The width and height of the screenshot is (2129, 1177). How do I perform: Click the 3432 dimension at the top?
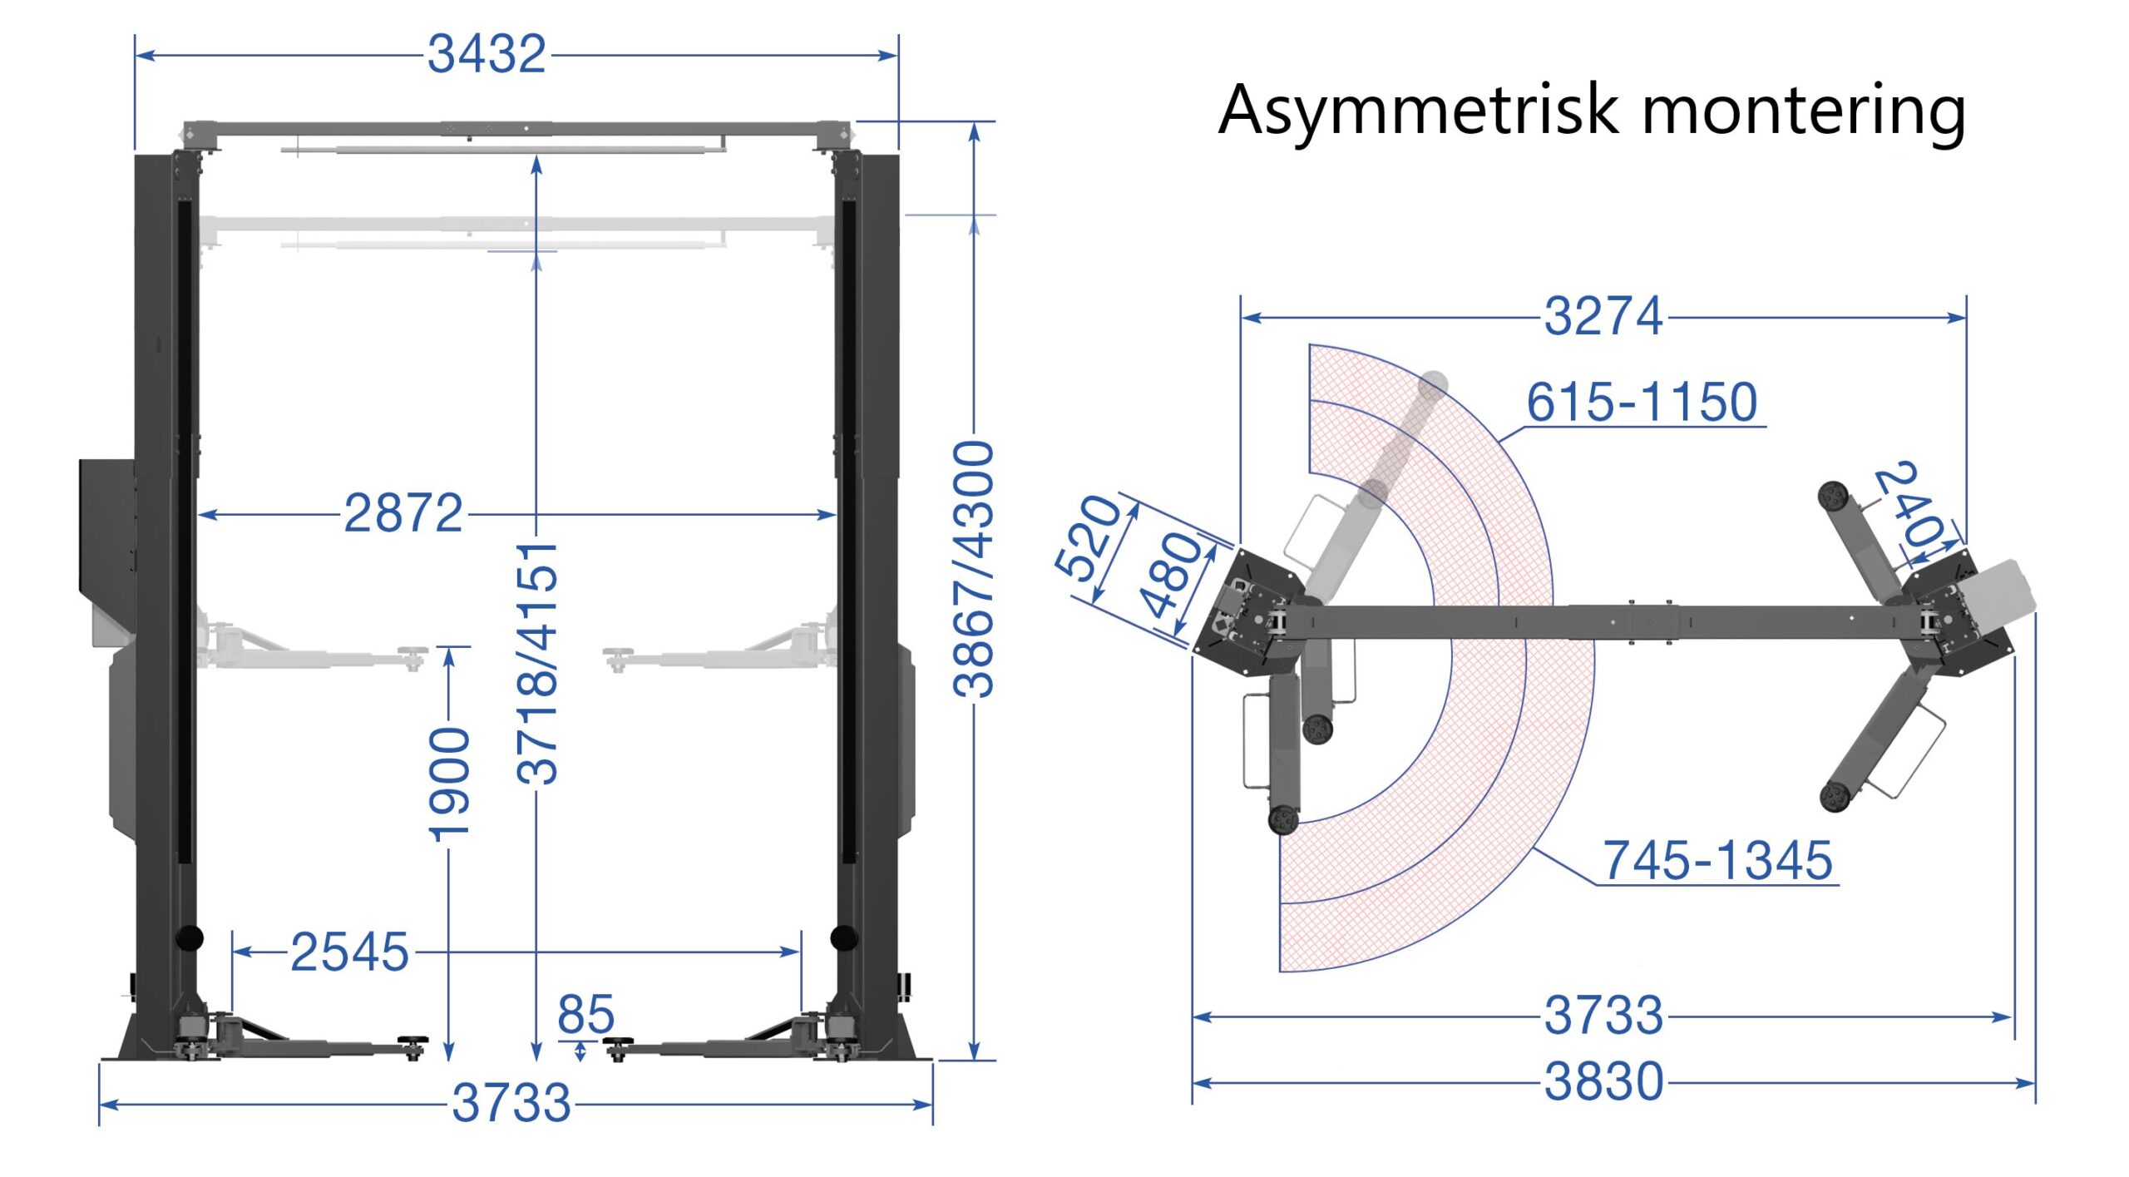coord(487,55)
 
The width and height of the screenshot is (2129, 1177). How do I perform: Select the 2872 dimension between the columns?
coord(403,513)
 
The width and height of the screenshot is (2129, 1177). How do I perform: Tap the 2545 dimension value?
coord(349,952)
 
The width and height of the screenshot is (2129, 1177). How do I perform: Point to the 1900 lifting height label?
coord(450,784)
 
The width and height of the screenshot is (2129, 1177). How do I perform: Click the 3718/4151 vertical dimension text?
coord(537,663)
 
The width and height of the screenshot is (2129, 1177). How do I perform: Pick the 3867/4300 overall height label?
coord(974,569)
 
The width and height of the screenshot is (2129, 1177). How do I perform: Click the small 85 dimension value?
coord(585,1014)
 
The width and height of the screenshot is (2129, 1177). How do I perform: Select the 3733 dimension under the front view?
coord(511,1104)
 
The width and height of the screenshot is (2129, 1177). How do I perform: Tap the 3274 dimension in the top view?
coord(1603,317)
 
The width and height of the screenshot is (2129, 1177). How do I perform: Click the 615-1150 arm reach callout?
coord(1642,403)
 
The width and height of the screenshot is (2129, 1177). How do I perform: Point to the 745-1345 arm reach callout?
coord(1717,860)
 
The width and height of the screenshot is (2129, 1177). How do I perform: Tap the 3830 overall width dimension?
coord(1603,1082)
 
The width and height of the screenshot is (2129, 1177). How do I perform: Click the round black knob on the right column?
coord(843,937)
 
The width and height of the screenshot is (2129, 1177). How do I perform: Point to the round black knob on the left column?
coord(190,937)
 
